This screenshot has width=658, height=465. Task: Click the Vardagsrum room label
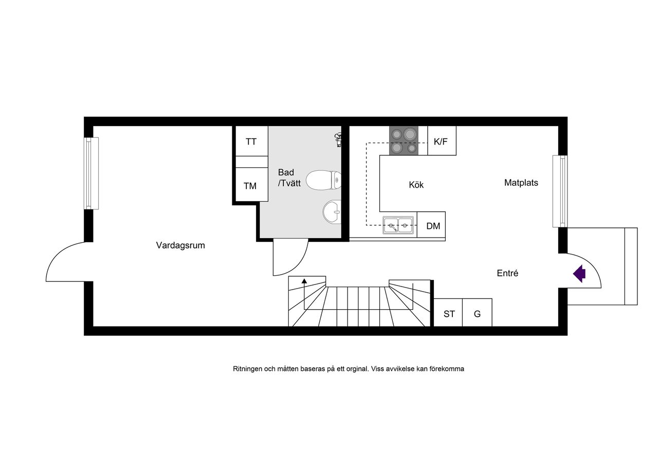click(180, 245)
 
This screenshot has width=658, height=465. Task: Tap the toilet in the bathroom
click(323, 180)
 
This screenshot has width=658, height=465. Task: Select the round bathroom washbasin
click(332, 211)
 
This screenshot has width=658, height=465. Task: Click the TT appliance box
click(252, 141)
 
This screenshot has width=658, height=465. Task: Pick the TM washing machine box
click(252, 185)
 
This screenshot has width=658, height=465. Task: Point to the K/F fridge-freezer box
click(442, 141)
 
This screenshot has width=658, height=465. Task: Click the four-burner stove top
click(404, 140)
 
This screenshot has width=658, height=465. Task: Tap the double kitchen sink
click(398, 225)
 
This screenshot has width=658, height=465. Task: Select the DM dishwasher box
click(431, 225)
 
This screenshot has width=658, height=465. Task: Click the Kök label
click(416, 185)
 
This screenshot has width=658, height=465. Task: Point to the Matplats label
click(521, 183)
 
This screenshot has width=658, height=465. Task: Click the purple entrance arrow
click(579, 274)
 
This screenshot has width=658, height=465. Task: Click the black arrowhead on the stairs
click(304, 281)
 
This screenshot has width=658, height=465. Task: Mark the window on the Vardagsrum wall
click(91, 173)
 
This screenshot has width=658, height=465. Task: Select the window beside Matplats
click(560, 191)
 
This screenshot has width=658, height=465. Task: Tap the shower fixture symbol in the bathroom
click(338, 140)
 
